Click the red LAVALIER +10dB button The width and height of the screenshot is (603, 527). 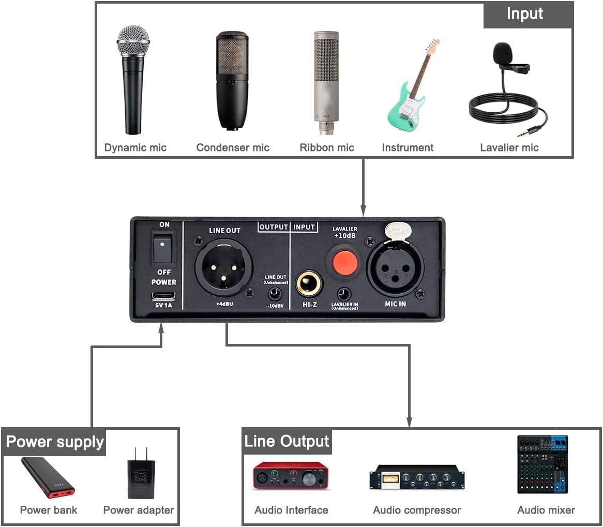tap(345, 262)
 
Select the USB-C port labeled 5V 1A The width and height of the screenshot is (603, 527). tap(163, 296)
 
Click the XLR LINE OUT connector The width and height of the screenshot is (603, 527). tap(223, 267)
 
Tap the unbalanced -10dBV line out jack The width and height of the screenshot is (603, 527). tap(275, 294)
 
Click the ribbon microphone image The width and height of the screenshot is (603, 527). tap(326, 83)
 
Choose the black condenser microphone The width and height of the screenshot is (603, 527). tap(232, 80)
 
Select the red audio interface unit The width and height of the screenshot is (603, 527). tap(291, 476)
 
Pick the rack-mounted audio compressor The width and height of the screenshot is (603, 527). tap(417, 478)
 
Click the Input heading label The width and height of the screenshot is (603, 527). tap(525, 14)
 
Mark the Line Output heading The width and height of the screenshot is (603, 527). tap(287, 441)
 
